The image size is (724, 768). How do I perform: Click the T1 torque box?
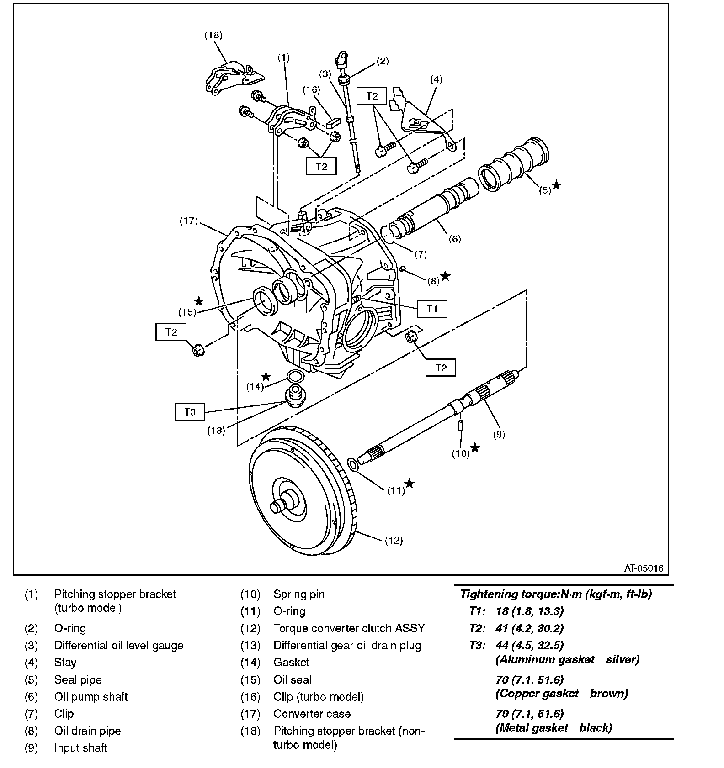(431, 309)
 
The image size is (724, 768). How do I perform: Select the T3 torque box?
(190, 412)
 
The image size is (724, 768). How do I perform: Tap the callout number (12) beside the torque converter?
(394, 541)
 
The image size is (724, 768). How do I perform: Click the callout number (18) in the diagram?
(213, 35)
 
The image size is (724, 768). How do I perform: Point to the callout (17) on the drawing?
(188, 221)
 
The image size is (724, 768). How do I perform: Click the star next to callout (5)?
(556, 185)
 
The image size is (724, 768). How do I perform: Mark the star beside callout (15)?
(199, 301)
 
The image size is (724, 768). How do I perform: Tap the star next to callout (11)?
(410, 483)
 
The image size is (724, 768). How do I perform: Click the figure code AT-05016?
(644, 568)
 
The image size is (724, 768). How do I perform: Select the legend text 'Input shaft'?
(80, 748)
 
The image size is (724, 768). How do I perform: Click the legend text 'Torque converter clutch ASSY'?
(349, 628)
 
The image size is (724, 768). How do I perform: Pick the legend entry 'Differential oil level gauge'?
(118, 645)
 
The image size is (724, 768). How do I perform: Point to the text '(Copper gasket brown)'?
(561, 694)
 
